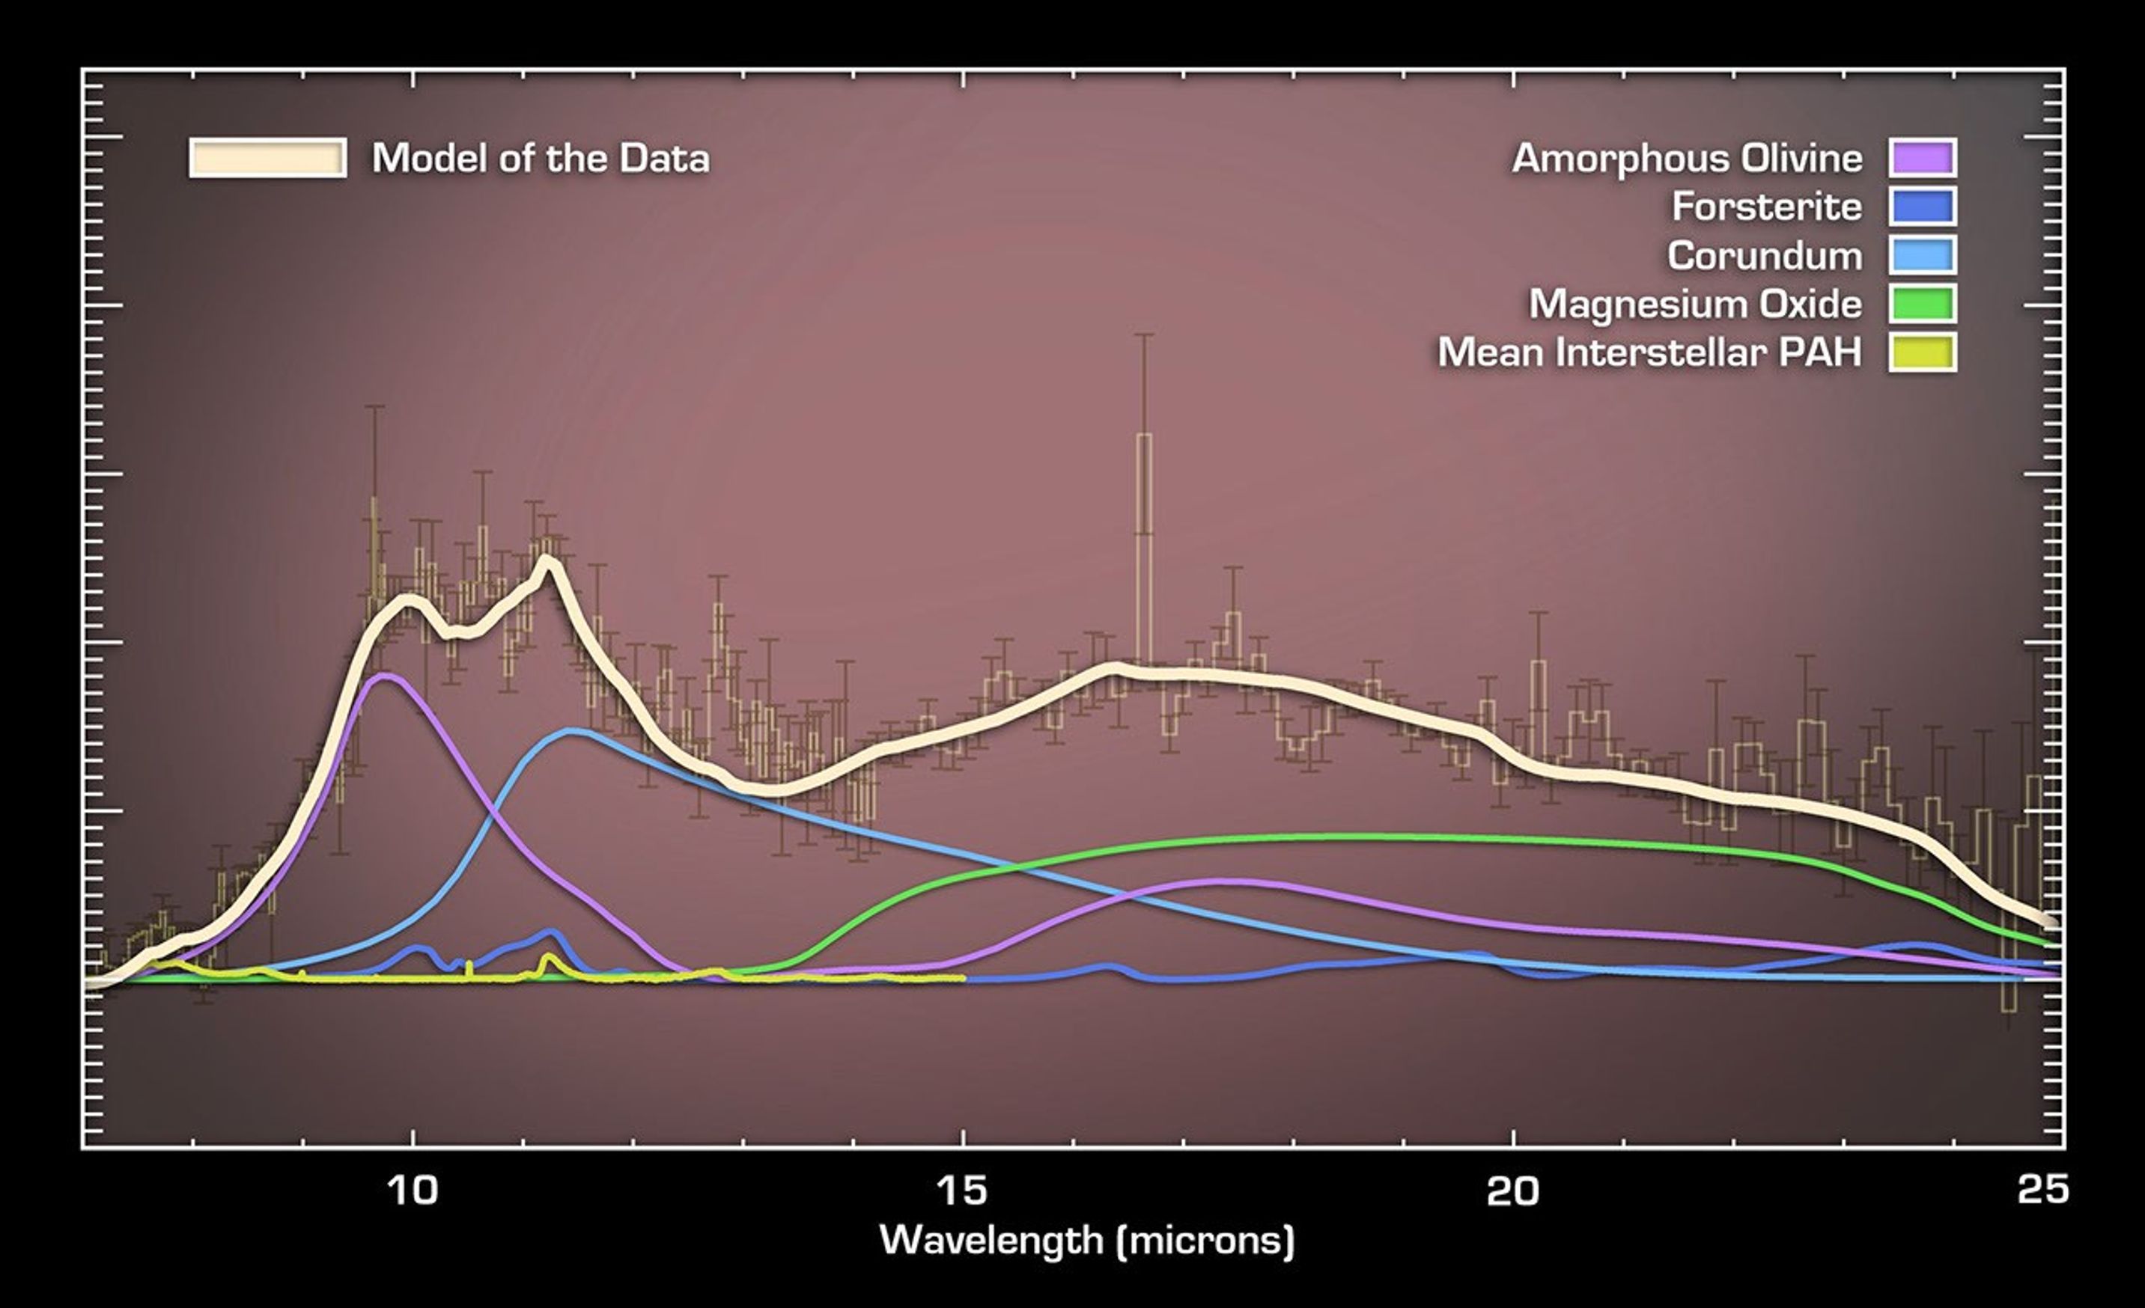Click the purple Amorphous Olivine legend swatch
click(x=1922, y=158)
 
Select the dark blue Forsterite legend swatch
click(x=1922, y=207)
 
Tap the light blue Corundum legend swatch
click(x=1922, y=255)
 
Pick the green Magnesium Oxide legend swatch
click(x=1922, y=304)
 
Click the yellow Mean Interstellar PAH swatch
click(x=1922, y=352)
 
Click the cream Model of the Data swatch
click(x=268, y=159)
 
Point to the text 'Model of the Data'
click(x=541, y=159)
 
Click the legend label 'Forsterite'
click(x=1766, y=207)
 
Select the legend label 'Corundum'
click(x=1764, y=256)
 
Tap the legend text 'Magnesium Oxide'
click(x=1695, y=305)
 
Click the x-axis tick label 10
click(x=412, y=1191)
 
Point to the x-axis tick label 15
click(x=962, y=1191)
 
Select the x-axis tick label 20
click(x=1512, y=1191)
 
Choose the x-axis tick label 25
click(x=2042, y=1189)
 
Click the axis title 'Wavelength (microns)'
click(x=1087, y=1239)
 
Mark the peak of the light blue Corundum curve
click(x=571, y=731)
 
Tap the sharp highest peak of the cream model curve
click(x=546, y=559)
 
